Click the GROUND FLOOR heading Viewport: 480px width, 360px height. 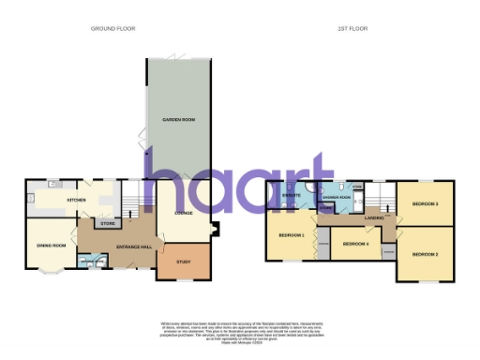(112, 29)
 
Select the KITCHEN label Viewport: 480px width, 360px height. (77, 201)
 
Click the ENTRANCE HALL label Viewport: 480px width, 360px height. (128, 247)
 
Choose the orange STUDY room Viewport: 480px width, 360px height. (183, 262)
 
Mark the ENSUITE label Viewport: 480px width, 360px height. (292, 196)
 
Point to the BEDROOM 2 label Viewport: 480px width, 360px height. (426, 254)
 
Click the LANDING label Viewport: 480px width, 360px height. (374, 218)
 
